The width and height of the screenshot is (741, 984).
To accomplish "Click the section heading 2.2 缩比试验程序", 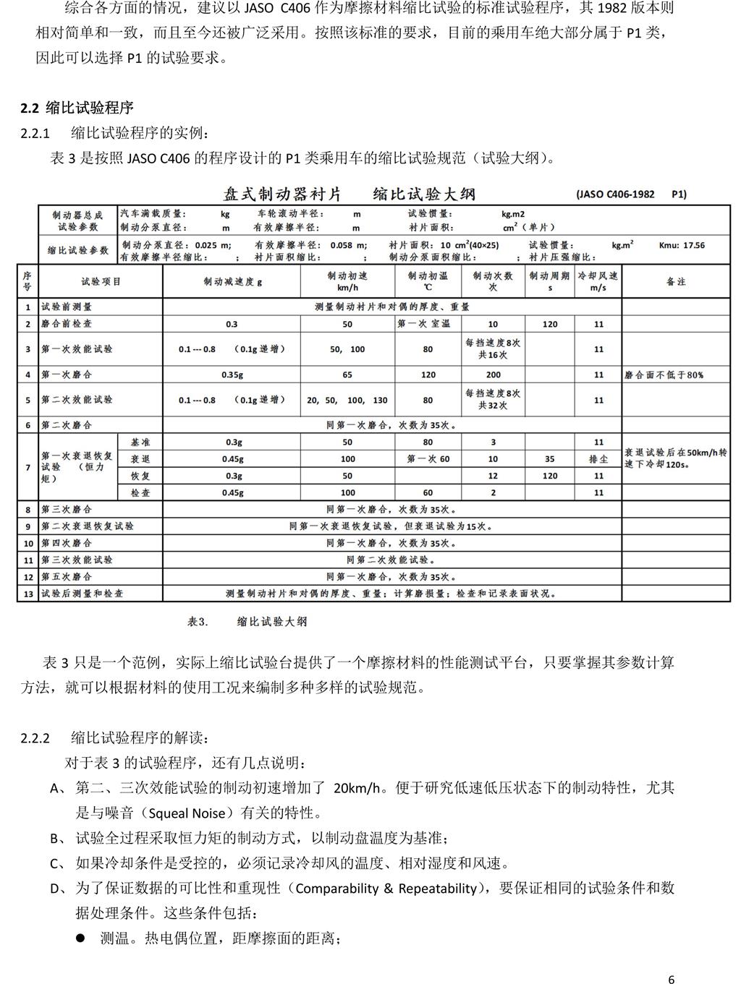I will [x=77, y=108].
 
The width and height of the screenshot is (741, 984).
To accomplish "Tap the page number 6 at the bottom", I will [x=672, y=960].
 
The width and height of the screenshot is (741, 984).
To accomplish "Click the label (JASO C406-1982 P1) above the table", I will [x=631, y=194].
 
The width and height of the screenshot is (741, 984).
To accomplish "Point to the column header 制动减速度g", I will [x=232, y=281].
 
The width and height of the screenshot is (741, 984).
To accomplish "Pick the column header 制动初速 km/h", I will [x=347, y=281].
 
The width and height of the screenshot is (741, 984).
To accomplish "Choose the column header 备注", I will [x=676, y=281].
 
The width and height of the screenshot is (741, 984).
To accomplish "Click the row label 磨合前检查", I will [x=67, y=324].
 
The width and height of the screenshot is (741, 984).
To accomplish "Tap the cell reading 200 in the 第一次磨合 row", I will [x=493, y=375].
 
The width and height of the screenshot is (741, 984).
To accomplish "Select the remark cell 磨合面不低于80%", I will [x=664, y=375].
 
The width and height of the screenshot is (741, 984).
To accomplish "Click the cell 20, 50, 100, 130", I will [x=347, y=400].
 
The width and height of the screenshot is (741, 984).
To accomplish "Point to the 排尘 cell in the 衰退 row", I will [x=598, y=459].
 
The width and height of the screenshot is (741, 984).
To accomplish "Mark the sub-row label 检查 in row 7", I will [x=140, y=492].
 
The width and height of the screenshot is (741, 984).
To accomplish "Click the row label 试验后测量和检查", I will [x=82, y=593].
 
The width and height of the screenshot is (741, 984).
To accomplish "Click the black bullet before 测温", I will [x=81, y=938].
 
